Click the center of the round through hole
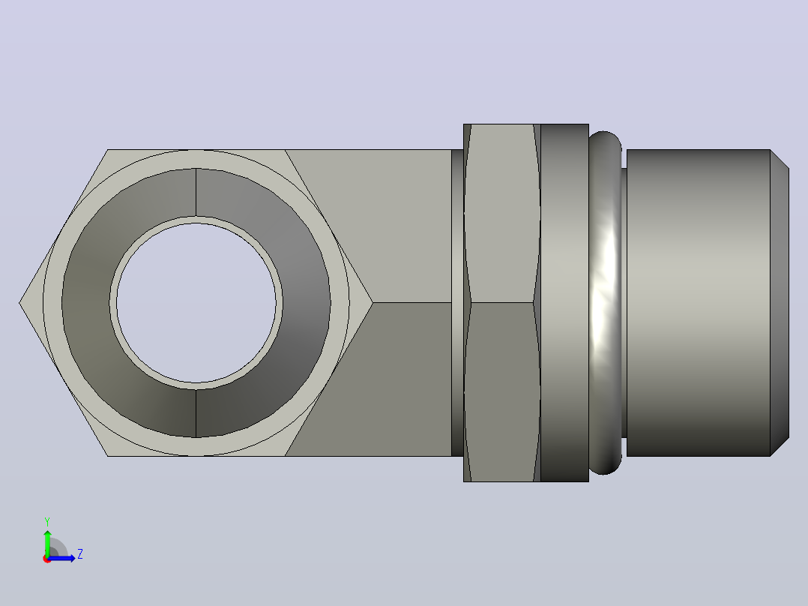click(x=196, y=303)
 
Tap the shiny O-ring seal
click(x=605, y=303)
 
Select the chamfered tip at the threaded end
click(x=780, y=303)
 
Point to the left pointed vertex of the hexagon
click(x=19, y=303)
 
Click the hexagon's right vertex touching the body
click(x=373, y=303)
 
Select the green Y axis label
click(x=47, y=521)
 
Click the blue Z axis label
click(x=80, y=554)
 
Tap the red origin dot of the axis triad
click(x=47, y=559)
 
